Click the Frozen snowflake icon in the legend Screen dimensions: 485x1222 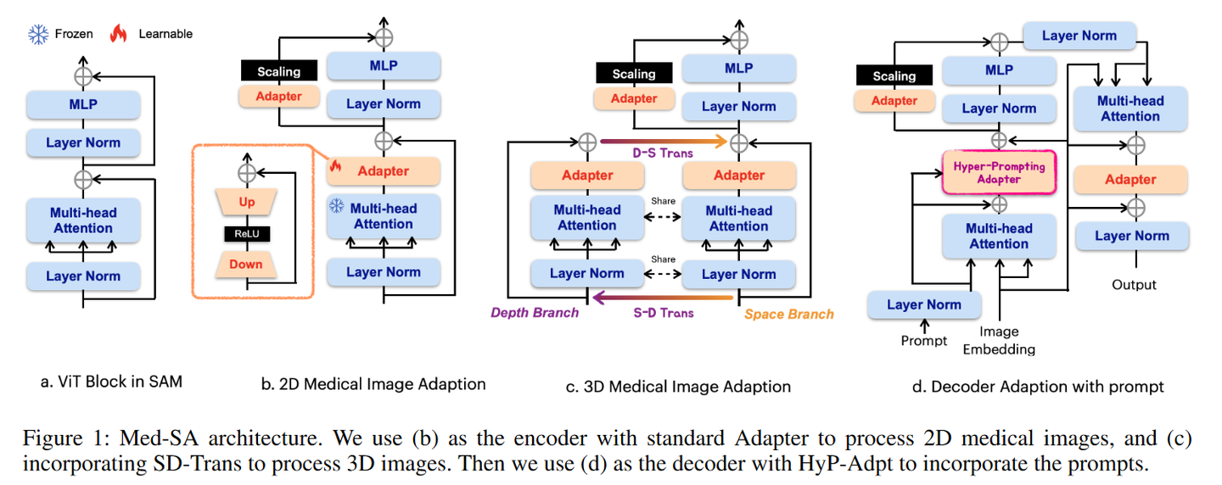38,34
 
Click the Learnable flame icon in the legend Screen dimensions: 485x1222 118,34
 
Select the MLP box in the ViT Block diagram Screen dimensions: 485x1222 83,104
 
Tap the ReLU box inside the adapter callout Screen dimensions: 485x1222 246,234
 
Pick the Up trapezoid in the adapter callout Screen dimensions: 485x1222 246,203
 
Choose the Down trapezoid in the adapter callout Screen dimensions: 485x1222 246,264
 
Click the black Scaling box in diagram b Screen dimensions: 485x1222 278,70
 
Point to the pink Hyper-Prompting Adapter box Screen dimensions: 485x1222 999,172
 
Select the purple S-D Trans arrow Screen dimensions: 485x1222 663,298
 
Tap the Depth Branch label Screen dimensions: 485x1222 535,313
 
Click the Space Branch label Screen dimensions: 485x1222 788,314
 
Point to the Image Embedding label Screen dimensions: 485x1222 999,340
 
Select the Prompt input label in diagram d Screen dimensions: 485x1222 923,340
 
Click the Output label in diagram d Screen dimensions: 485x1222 1134,285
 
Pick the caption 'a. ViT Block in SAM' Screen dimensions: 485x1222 111,382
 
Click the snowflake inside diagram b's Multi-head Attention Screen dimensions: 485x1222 337,206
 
